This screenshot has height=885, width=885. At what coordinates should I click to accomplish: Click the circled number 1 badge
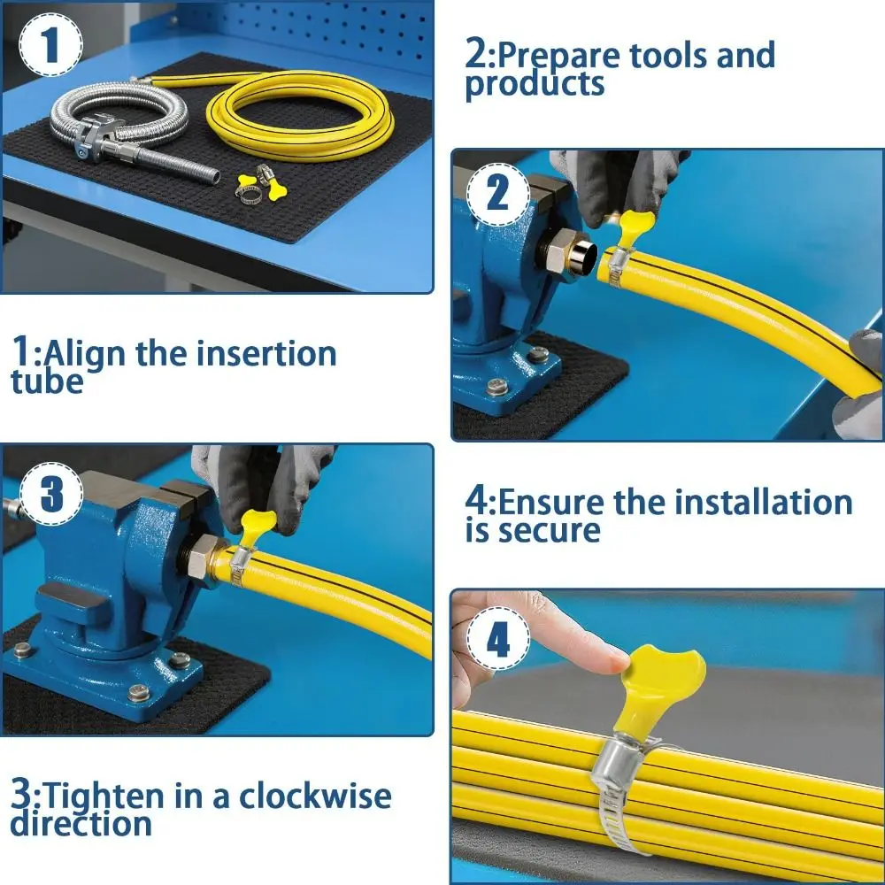(x=50, y=43)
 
